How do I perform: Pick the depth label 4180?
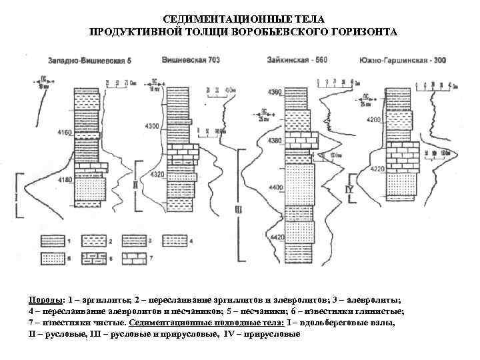(x=65, y=180)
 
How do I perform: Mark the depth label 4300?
(x=152, y=126)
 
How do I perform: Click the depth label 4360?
(x=275, y=91)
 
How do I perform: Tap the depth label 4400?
(x=275, y=189)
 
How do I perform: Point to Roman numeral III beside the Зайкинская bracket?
(x=238, y=211)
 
